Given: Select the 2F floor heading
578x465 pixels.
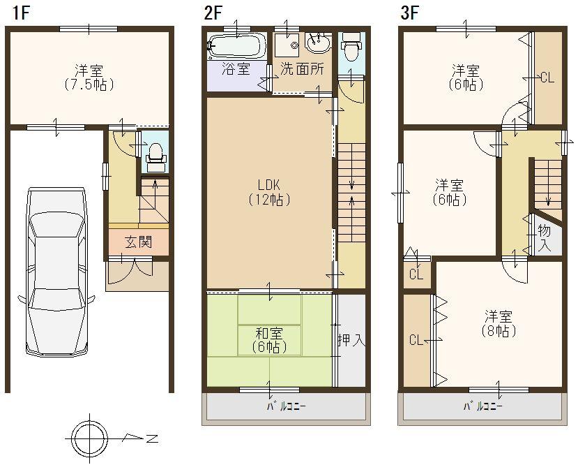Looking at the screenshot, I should (213, 12).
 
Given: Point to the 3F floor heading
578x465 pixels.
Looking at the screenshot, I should (410, 12).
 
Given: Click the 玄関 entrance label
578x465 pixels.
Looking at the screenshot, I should (138, 243).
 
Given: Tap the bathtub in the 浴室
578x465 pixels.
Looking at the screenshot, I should (236, 46).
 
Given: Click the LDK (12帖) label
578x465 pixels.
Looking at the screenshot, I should (268, 192).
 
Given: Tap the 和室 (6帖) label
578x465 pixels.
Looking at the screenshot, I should (268, 340).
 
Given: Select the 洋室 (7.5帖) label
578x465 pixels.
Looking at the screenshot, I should (90, 77).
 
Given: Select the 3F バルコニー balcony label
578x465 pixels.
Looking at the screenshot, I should (481, 406).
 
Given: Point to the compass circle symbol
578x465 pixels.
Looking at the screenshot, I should (90, 438).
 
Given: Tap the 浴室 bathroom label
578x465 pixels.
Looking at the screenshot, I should (235, 69).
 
